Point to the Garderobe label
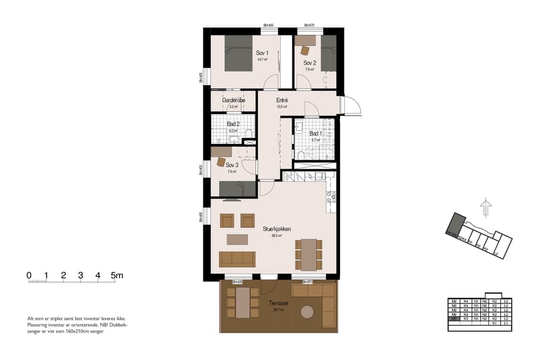pos(232,100)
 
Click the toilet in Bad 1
pos(301,155)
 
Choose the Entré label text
pos(282,100)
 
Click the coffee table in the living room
pos(236,239)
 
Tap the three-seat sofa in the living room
pos(237,259)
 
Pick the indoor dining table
pos(308,254)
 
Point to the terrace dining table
pos(242,302)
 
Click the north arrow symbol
pos(485,208)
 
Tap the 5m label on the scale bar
pos(118,275)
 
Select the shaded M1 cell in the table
pos(454,318)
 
